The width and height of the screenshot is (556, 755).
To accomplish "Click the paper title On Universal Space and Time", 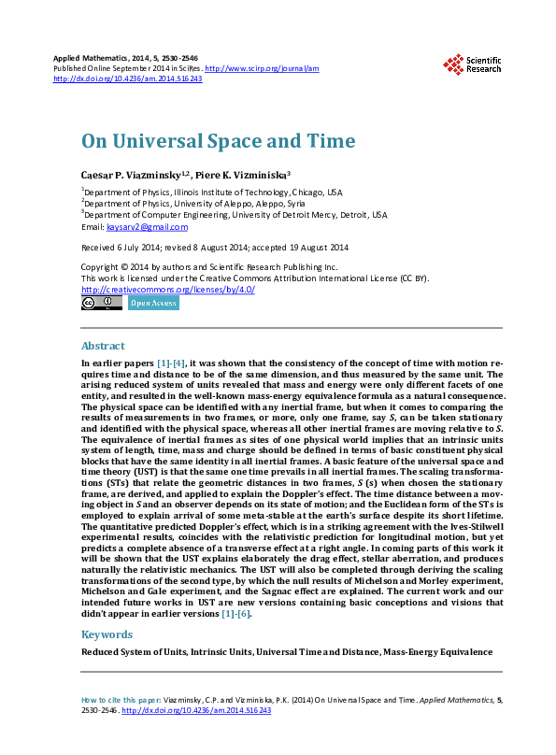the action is pos(219,141).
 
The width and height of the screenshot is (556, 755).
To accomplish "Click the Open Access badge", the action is pos(153,303).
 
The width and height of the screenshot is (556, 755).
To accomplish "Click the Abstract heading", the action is pos(103,346).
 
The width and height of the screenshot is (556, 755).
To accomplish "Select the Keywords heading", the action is pos(107,634).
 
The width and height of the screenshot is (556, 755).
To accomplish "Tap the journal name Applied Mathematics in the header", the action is pos(93,58).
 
